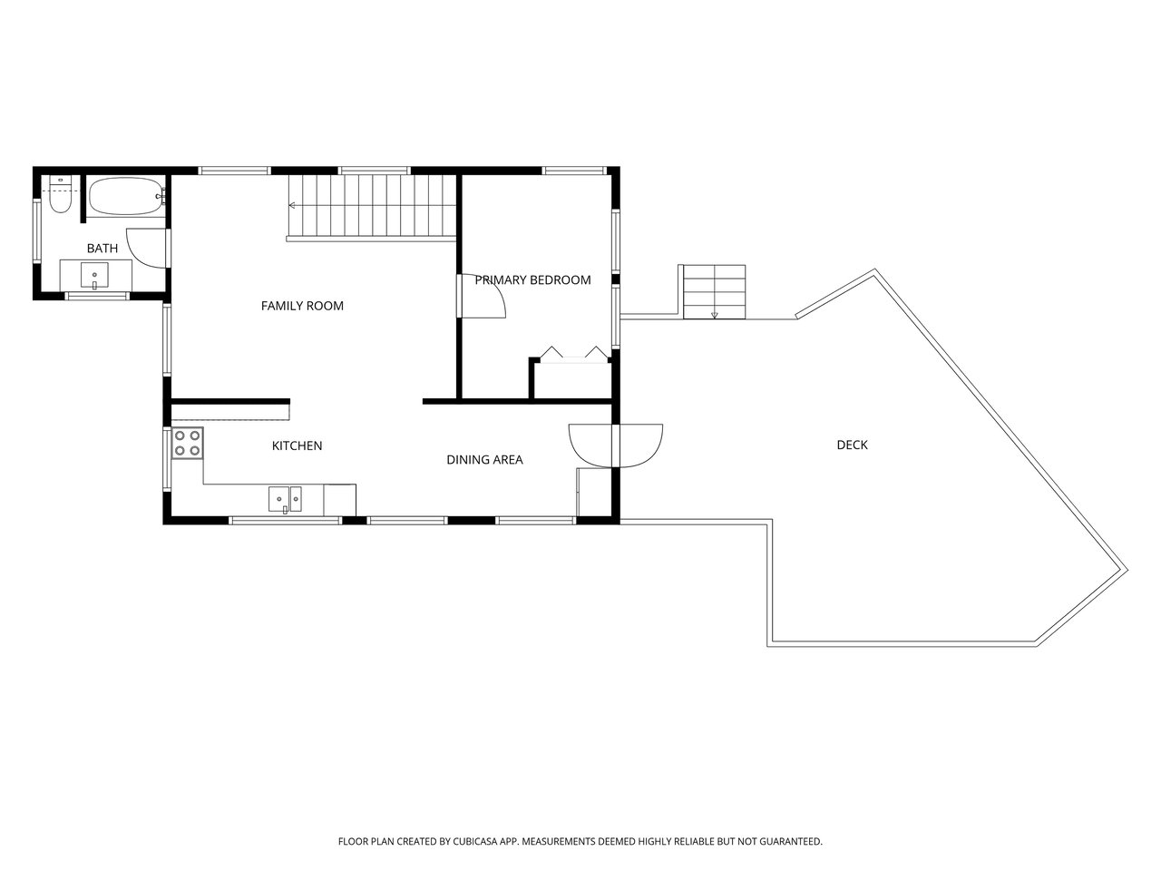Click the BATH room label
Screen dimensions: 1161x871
102,248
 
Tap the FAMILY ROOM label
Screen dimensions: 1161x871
302,306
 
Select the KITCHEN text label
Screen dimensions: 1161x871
297,445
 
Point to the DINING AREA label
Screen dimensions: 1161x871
484,460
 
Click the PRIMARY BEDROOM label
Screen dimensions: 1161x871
532,279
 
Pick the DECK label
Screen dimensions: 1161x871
852,445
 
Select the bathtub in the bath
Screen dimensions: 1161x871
126,196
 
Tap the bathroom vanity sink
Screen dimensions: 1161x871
94,276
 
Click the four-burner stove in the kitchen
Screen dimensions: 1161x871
188,443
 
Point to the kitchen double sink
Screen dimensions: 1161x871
285,499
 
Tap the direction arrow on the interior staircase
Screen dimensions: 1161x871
292,205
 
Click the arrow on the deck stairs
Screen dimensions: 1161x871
714,315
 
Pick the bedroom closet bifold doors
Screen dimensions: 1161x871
574,354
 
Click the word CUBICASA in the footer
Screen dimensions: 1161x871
475,841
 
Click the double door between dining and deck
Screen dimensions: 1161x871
615,445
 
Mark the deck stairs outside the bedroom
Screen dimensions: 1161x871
714,292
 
